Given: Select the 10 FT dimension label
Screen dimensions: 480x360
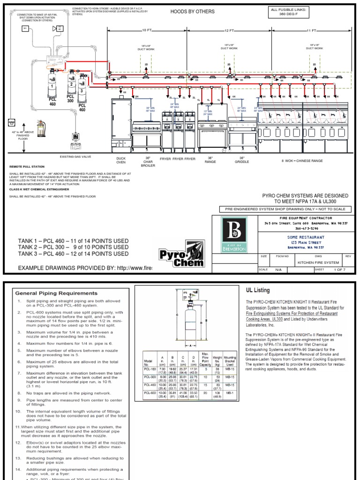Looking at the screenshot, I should point(147,30).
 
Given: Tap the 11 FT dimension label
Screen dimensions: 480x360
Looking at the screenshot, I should point(311,30).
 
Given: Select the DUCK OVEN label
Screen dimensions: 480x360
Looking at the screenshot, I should point(121,160).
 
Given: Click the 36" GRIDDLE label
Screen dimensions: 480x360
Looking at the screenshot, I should point(242,160).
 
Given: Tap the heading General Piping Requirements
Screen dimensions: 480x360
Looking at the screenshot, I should point(57,293).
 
